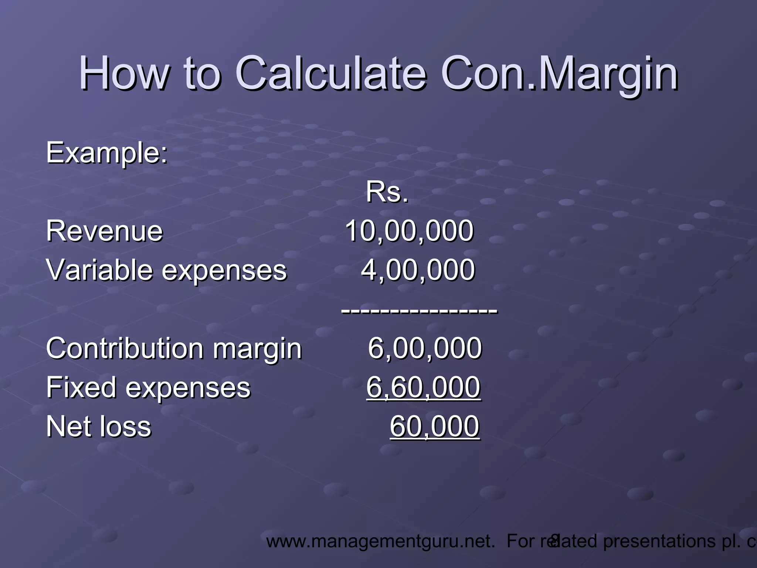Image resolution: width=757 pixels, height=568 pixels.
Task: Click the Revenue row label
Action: pyautogui.click(x=105, y=231)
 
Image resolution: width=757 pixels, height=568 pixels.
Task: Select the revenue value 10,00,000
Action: pyautogui.click(x=409, y=231)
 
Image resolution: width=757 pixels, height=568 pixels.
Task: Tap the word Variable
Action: pyautogui.click(x=98, y=270)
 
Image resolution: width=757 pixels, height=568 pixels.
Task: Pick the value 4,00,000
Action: pyautogui.click(x=418, y=270)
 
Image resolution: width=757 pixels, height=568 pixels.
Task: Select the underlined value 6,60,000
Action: pyautogui.click(x=424, y=387)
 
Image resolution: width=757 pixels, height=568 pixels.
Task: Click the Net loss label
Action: pyautogui.click(x=99, y=426)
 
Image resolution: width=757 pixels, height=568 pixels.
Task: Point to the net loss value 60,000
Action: pyautogui.click(x=435, y=426)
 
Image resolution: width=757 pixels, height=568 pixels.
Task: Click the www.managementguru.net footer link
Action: pyautogui.click(x=380, y=541)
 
